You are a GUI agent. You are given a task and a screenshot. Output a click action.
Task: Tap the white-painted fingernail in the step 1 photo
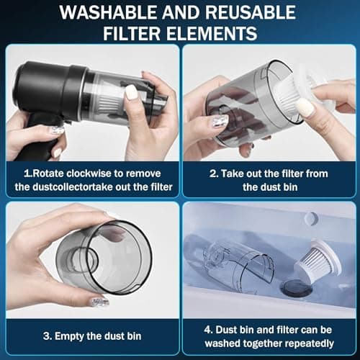pos(131,91)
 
